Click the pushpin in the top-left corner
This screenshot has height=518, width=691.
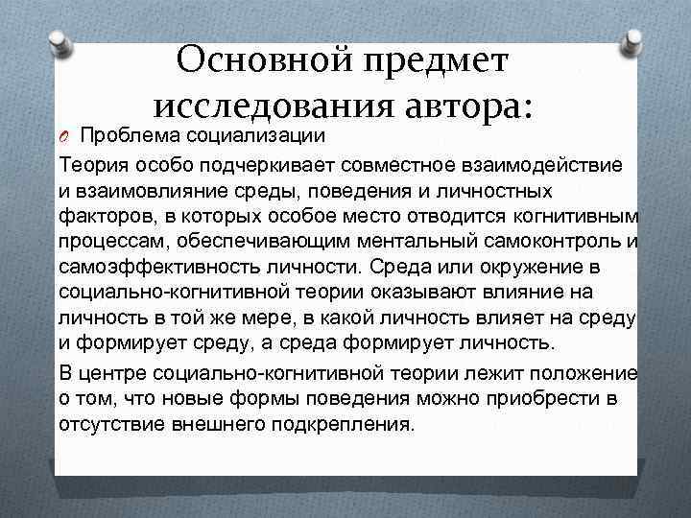(57, 41)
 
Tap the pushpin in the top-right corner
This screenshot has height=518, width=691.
(633, 38)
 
